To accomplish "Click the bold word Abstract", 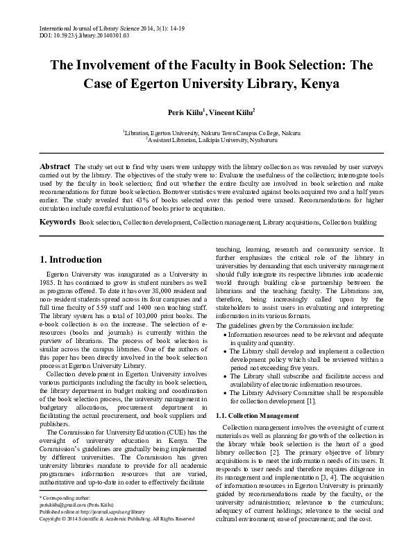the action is tap(55, 167).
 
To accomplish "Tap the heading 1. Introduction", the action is tap(70, 260).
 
